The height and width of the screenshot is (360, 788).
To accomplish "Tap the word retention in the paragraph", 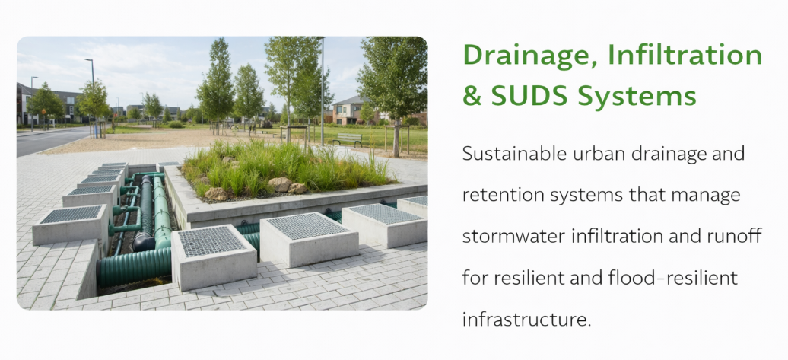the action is [x=501, y=195].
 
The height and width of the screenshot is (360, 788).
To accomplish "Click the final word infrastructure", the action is [x=526, y=319].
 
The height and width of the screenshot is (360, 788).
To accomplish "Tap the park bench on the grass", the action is [x=347, y=139].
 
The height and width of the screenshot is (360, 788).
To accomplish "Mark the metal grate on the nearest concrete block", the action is [x=211, y=241].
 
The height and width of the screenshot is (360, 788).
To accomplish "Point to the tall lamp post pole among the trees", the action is [x=323, y=91].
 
